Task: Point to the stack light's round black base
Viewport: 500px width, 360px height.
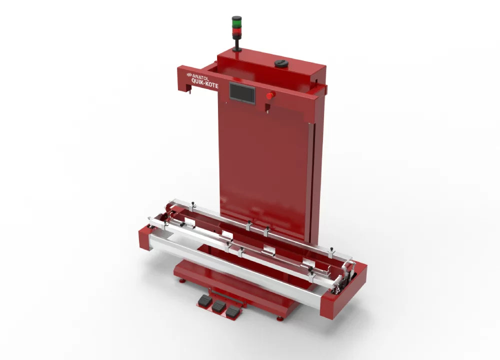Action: coord(237,49)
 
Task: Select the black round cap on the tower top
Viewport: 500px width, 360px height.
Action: coord(281,63)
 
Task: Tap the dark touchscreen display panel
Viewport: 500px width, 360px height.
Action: coord(242,92)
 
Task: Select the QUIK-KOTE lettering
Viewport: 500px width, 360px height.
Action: coord(204,83)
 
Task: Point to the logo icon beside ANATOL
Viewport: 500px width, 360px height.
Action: coord(189,75)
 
